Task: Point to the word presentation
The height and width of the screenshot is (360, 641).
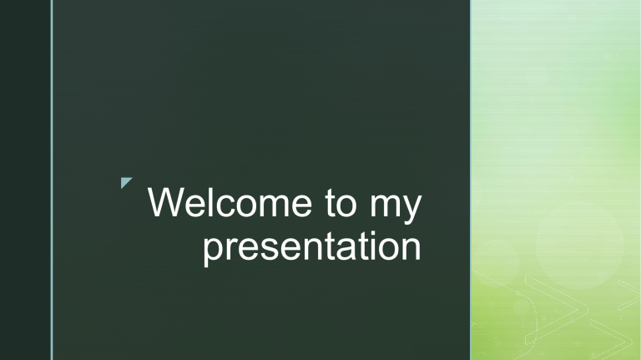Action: coord(311,248)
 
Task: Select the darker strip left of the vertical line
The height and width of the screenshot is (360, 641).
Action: coord(25,180)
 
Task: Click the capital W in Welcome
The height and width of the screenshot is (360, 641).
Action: coord(165,205)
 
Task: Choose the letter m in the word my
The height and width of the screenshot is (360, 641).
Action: coord(385,208)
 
